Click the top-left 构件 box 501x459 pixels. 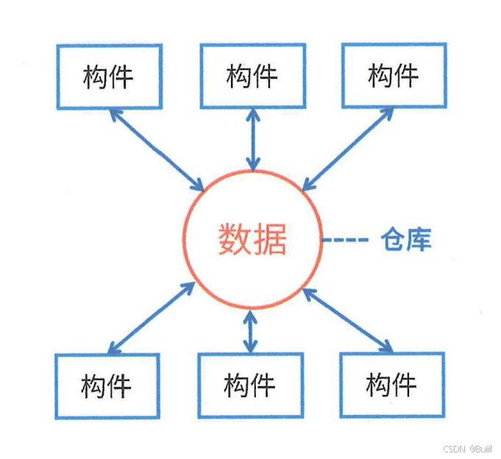[x=107, y=76]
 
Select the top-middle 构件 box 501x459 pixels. [x=252, y=76]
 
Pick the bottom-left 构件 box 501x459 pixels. [x=107, y=385]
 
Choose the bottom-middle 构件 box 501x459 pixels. [x=250, y=385]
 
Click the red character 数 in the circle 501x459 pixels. [x=233, y=240]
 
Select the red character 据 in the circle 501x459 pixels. [x=269, y=240]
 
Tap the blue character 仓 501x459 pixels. [x=393, y=240]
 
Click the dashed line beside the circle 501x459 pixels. [x=345, y=241]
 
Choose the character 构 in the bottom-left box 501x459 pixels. [x=93, y=385]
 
